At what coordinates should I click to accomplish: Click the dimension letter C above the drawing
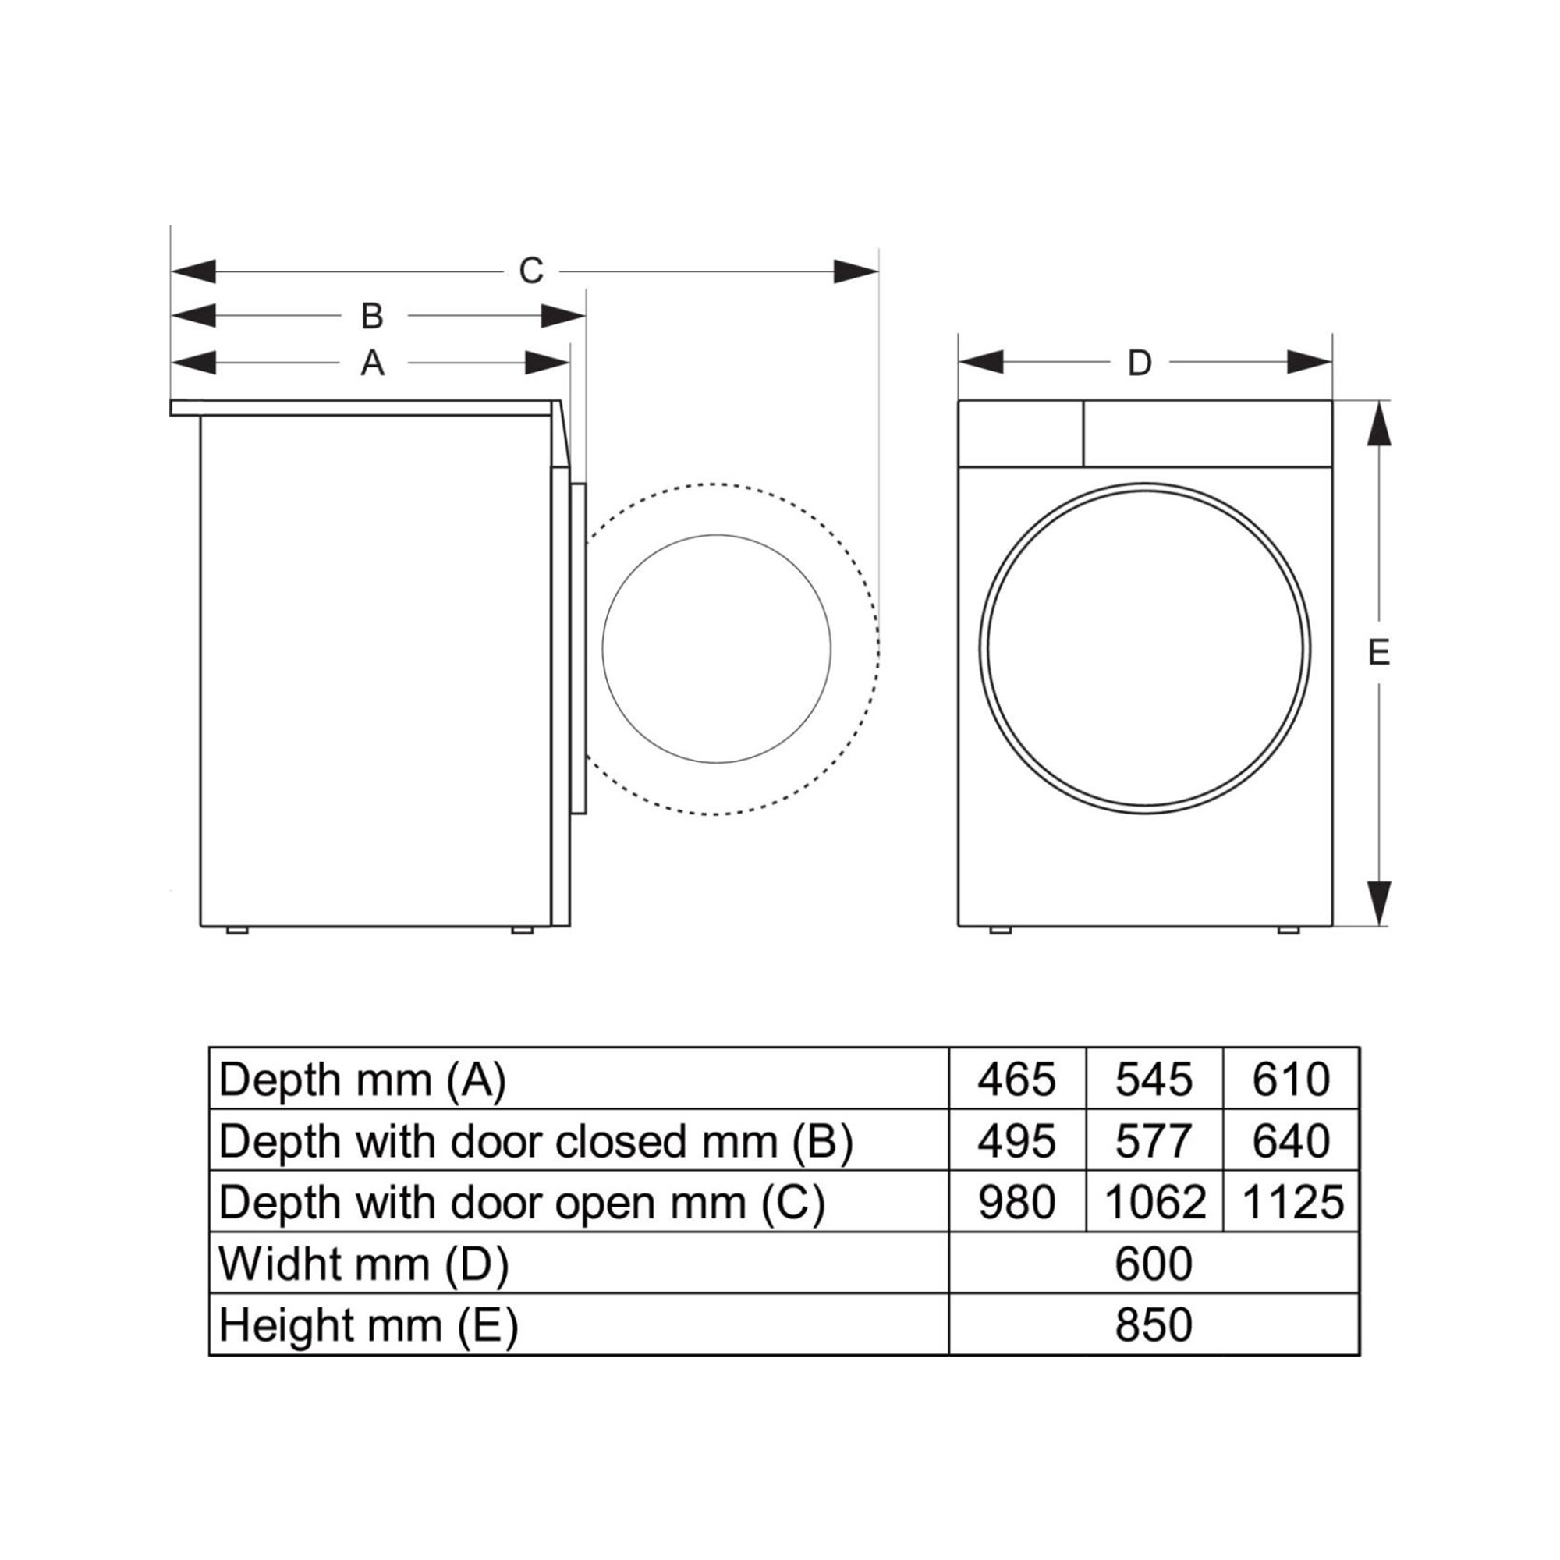point(530,271)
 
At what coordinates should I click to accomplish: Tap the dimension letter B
point(371,316)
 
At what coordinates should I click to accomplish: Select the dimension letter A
point(371,363)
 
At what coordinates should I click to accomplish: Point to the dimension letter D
point(1140,363)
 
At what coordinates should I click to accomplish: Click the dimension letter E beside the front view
point(1379,651)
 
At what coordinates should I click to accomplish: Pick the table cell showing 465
point(1016,1080)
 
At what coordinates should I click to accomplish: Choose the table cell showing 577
point(1154,1141)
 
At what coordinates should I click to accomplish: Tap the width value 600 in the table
point(1154,1264)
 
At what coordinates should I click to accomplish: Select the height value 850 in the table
point(1154,1325)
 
